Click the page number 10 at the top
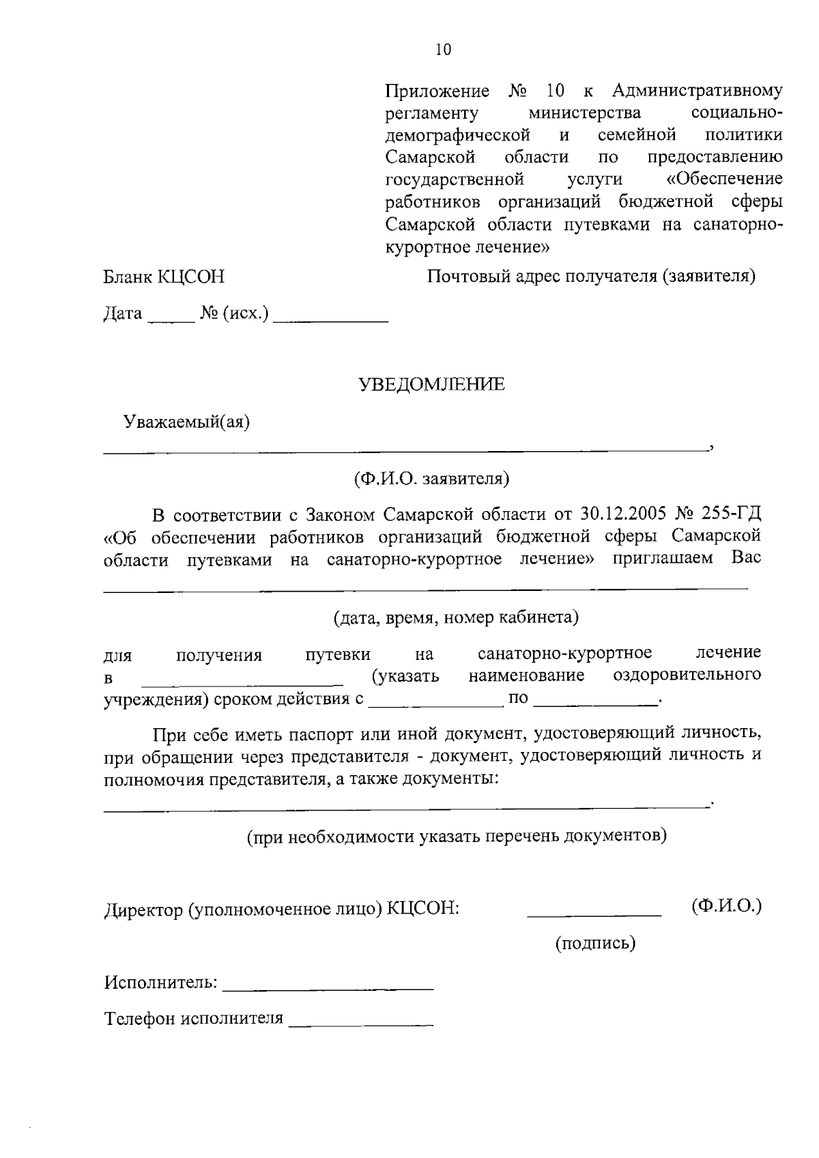[443, 50]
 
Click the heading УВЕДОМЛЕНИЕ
[432, 385]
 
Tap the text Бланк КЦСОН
[164, 276]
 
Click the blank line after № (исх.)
[330, 319]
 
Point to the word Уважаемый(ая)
[186, 422]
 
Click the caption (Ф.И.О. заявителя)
[431, 478]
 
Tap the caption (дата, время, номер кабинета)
[456, 618]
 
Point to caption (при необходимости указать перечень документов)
[456, 835]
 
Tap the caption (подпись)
[594, 943]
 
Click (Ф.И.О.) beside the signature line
[725, 906]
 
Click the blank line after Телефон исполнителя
[361, 1024]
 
